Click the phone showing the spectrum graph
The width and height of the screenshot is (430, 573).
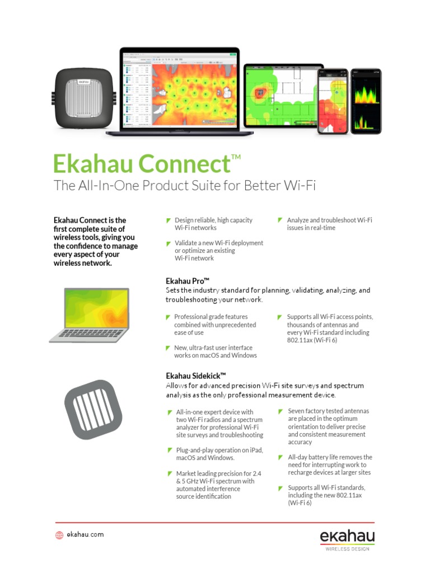[366, 101]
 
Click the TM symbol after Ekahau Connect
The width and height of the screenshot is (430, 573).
[236, 157]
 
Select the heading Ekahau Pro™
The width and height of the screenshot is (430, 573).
[188, 280]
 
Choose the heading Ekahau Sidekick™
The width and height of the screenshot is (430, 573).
[196, 375]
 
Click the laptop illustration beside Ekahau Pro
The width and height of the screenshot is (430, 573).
[90, 314]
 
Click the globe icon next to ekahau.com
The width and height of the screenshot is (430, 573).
[59, 535]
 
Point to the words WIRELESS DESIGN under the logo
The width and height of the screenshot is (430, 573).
[347, 549]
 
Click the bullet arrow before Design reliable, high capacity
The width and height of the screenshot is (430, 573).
[169, 220]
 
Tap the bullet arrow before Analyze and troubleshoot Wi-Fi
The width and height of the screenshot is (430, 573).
[281, 220]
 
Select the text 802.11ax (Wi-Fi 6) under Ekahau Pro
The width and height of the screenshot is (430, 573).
[312, 340]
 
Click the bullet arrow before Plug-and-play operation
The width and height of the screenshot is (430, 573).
[170, 450]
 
